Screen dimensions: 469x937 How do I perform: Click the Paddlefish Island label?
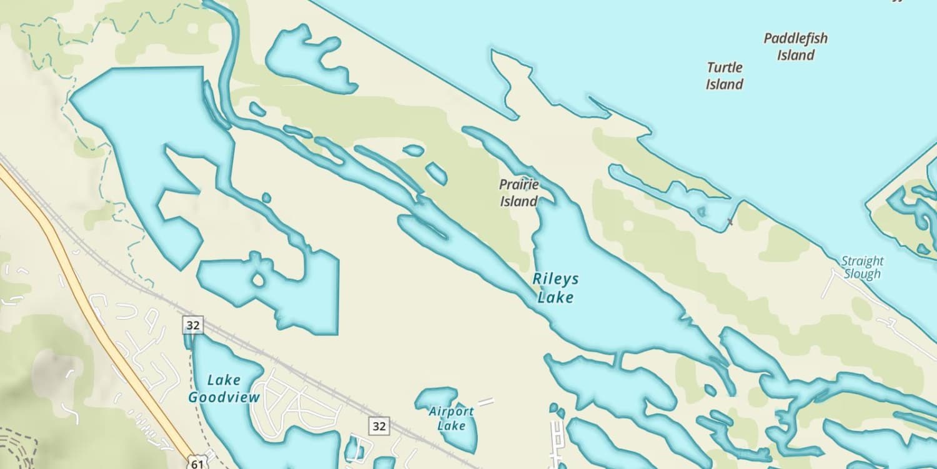click(795, 46)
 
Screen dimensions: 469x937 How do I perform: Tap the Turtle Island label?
click(725, 76)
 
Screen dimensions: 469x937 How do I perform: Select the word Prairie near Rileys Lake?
click(518, 184)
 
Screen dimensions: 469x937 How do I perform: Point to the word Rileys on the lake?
click(555, 279)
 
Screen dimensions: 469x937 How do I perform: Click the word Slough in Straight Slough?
click(862, 274)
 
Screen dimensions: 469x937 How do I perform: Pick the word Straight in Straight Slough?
click(862, 261)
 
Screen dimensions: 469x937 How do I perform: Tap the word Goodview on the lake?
click(224, 397)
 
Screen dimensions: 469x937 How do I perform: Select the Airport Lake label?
click(451, 418)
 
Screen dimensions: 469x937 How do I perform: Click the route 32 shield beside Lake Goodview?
click(192, 325)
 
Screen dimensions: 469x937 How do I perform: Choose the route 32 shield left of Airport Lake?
click(378, 426)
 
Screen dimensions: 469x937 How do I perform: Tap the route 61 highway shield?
click(197, 463)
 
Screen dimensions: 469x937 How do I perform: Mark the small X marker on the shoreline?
click(730, 222)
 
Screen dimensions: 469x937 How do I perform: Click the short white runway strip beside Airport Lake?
click(486, 401)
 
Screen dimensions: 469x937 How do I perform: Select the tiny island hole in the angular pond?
click(258, 280)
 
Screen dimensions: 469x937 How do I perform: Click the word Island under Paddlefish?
click(796, 55)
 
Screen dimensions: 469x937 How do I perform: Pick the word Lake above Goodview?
click(224, 380)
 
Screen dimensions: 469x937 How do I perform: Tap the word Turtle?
click(725, 68)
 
